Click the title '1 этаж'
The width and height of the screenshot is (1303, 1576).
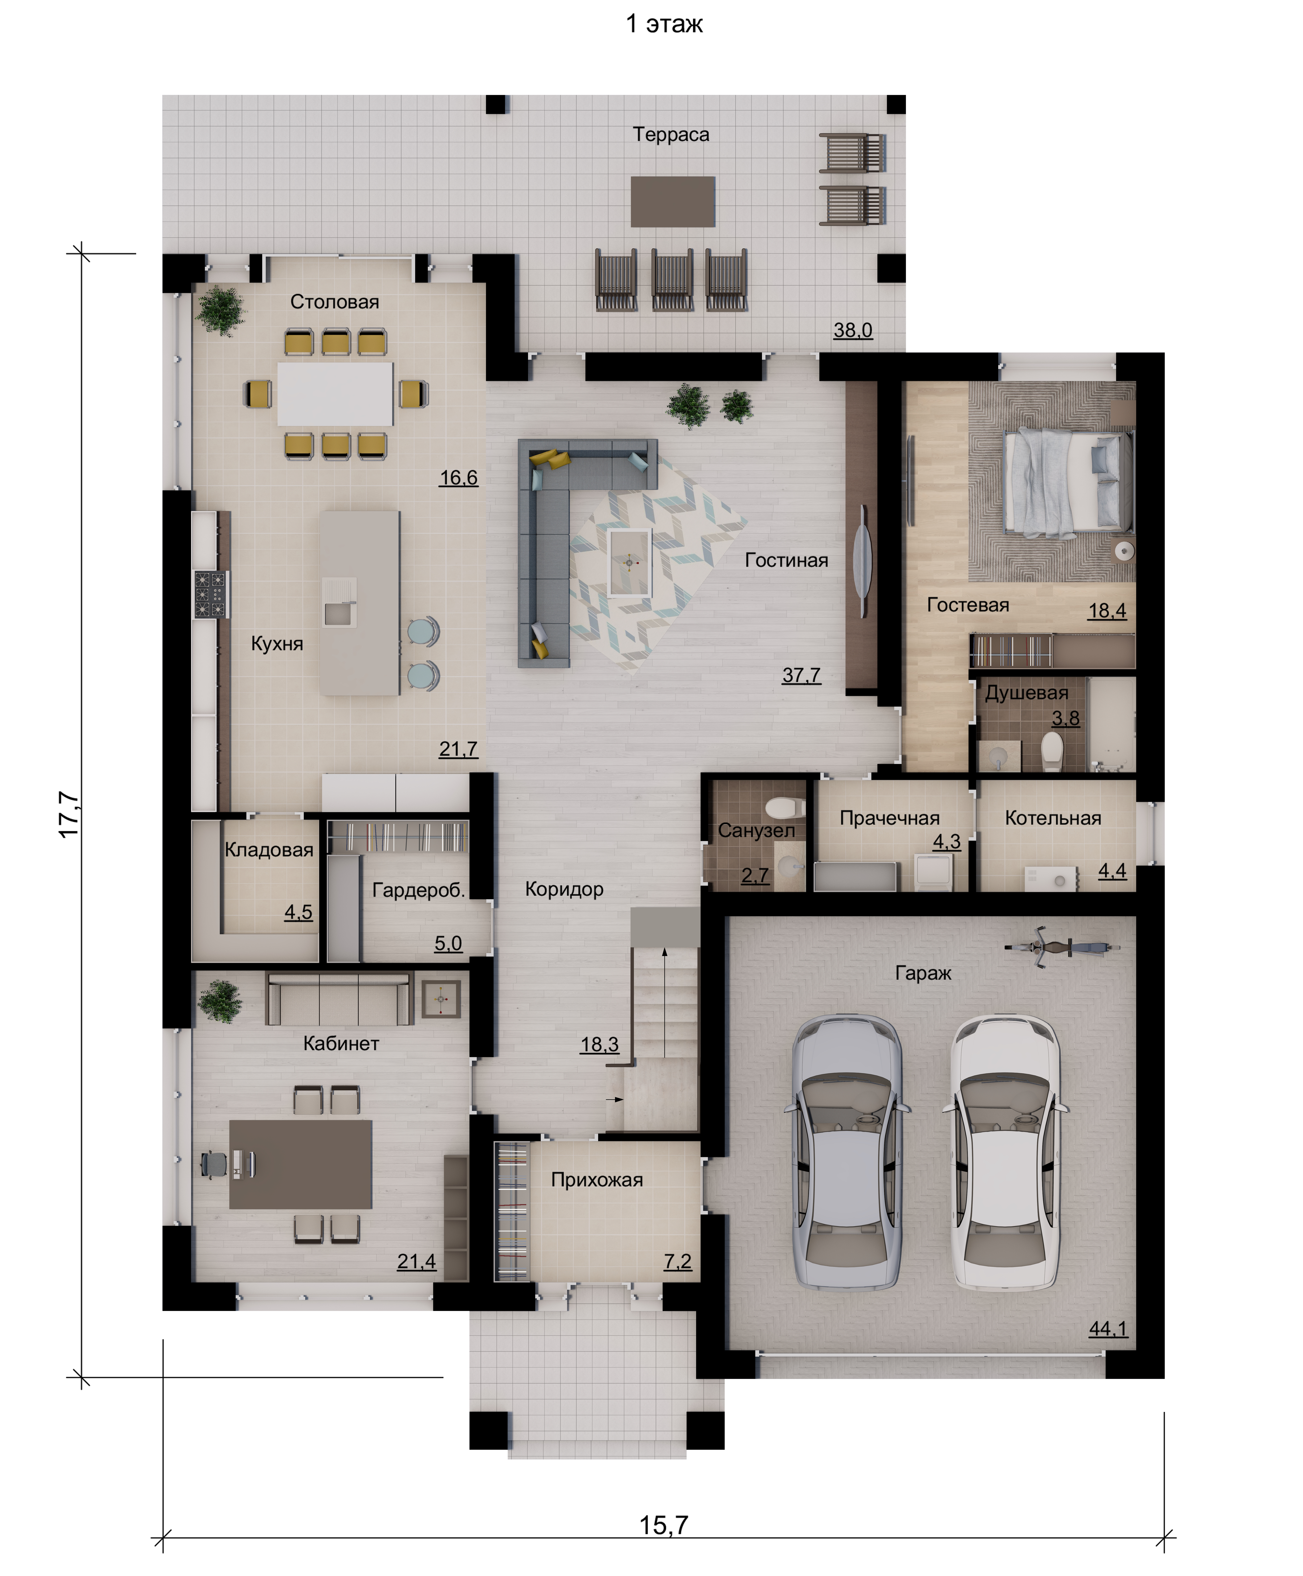[664, 24]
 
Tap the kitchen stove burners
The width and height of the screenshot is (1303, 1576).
[211, 594]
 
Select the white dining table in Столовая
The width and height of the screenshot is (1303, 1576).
[335, 394]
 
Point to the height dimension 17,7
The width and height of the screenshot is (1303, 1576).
[69, 815]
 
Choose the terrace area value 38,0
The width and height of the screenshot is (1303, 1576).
[853, 330]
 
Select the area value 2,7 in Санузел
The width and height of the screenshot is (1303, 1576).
[755, 875]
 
